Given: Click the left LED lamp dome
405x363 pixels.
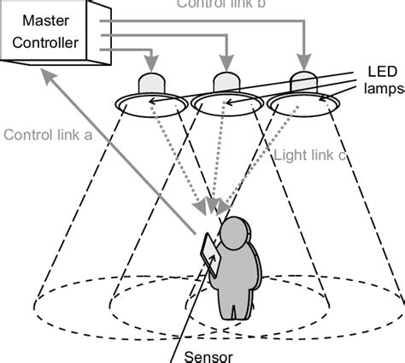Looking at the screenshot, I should pos(151,82).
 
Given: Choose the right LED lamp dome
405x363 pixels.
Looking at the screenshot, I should pos(302,80).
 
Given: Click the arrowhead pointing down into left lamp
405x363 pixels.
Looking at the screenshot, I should pos(151,64).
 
